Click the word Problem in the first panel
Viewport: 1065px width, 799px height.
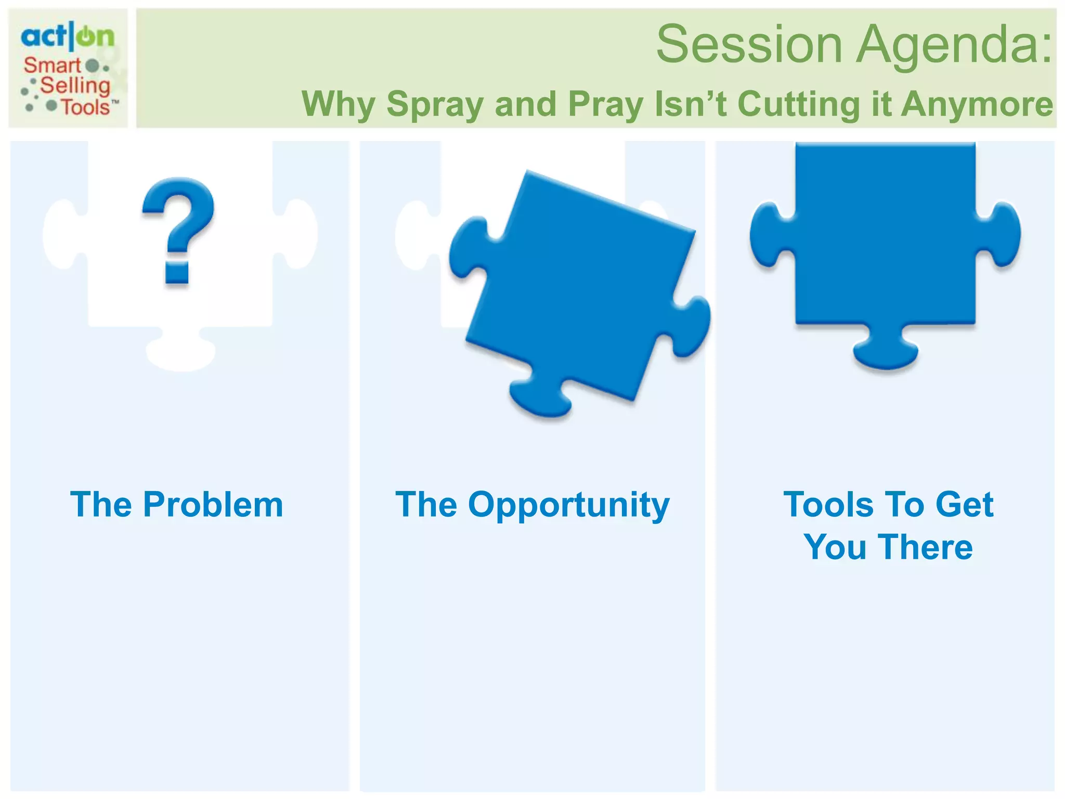[x=213, y=505]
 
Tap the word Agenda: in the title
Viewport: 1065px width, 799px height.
[x=954, y=46]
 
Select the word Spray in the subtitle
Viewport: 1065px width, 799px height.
[x=436, y=104]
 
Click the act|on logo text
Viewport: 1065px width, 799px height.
[x=68, y=36]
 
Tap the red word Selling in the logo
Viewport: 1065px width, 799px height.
[x=75, y=85]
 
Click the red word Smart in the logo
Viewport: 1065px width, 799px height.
[x=52, y=66]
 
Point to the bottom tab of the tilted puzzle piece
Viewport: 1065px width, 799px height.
[x=541, y=398]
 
